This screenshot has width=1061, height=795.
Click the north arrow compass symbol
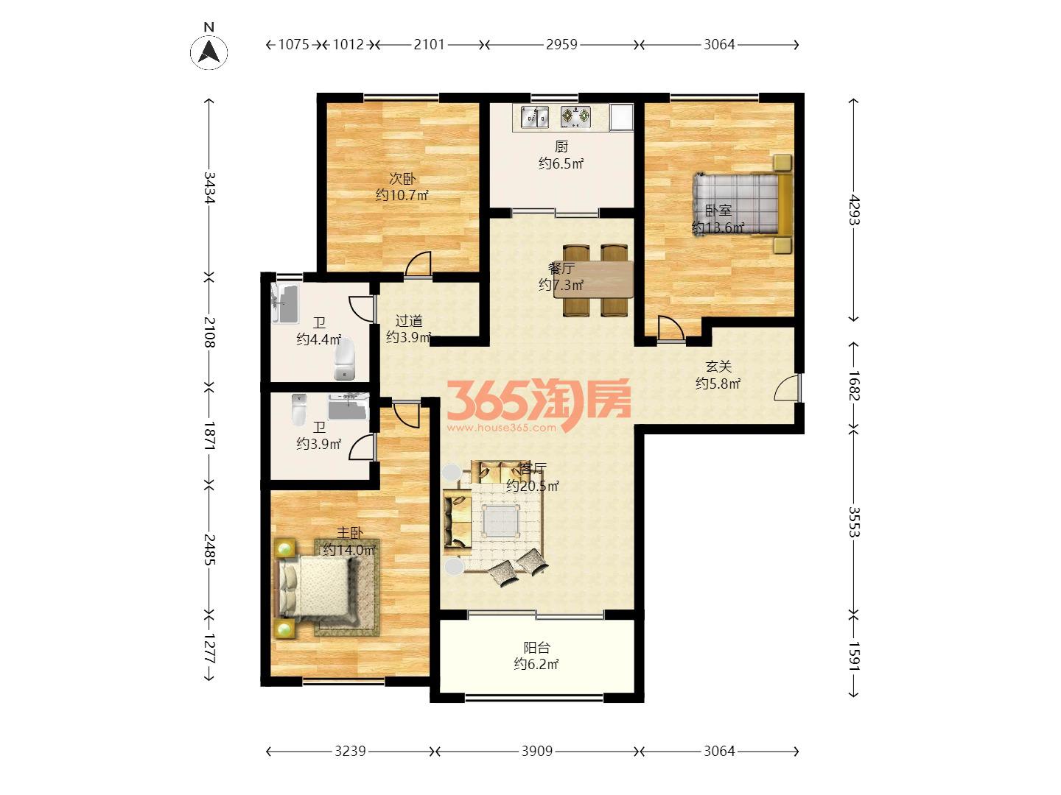click(x=209, y=52)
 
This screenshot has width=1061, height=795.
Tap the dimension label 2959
click(x=561, y=45)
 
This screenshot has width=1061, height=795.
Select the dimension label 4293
click(x=854, y=210)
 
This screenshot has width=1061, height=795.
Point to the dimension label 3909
click(x=536, y=751)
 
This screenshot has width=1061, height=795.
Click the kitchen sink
click(x=535, y=117)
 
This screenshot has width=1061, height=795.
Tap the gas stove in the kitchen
click(x=575, y=117)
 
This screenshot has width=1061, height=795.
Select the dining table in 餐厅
click(x=594, y=279)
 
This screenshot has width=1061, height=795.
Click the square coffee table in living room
click(x=500, y=521)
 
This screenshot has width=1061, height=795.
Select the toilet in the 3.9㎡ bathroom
click(x=299, y=410)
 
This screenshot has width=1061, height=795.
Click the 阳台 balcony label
click(x=536, y=647)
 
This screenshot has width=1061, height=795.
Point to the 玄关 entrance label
click(x=718, y=367)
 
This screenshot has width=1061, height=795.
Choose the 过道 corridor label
click(x=409, y=320)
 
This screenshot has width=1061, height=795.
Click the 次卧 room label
click(x=402, y=179)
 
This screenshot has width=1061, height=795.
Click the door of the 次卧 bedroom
click(x=418, y=264)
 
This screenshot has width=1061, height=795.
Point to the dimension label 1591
click(x=854, y=656)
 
